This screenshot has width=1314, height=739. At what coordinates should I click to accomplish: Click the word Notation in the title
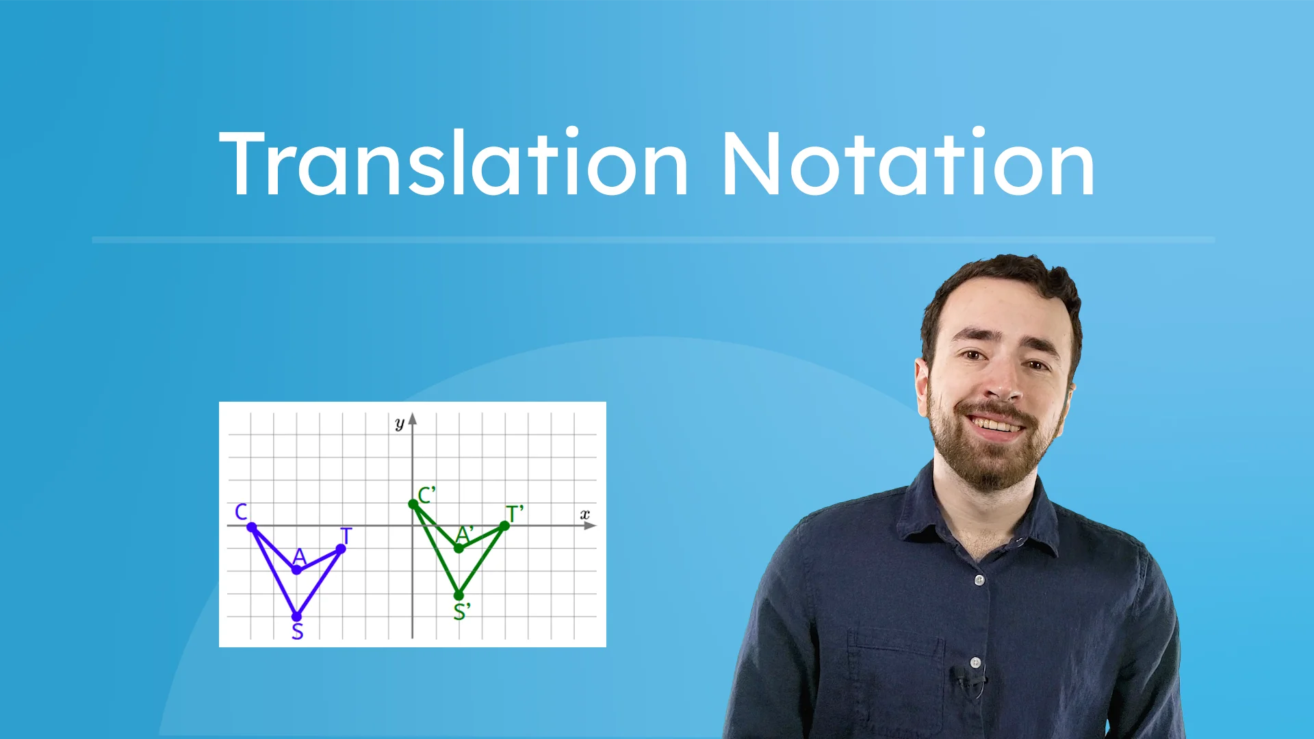907,164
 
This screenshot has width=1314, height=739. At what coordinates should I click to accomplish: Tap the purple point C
252,527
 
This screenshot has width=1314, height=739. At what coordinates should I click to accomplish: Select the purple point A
297,570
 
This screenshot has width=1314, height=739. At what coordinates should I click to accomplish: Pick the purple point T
341,549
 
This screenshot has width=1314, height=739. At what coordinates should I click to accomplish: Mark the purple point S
296,617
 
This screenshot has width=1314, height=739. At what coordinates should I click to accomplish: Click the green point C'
413,504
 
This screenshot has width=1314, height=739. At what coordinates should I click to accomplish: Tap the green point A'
459,548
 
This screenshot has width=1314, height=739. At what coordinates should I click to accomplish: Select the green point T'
504,526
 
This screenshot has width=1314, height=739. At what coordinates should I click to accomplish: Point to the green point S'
459,595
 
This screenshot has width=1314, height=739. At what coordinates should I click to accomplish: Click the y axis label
400,424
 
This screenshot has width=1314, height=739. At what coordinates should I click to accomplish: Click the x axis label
584,514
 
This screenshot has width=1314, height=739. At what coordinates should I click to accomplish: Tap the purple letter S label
297,632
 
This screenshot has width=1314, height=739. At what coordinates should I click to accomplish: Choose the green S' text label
462,612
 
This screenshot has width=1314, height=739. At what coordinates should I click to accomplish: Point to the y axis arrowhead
413,419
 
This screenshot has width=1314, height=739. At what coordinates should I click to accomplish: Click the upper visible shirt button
979,580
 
